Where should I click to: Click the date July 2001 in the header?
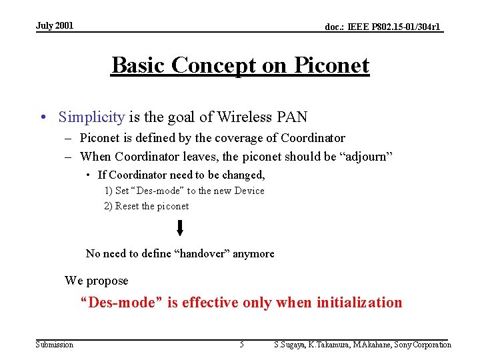click(x=55, y=26)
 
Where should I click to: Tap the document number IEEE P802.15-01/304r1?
click(x=383, y=27)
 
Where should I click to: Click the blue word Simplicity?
click(x=91, y=117)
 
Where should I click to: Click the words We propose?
click(x=96, y=281)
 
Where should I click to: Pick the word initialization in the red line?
click(x=359, y=303)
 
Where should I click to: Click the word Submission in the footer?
click(x=55, y=345)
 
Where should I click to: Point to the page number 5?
click(x=241, y=345)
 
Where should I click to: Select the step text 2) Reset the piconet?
click(x=146, y=206)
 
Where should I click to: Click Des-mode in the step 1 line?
click(x=157, y=191)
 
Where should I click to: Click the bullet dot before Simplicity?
click(x=43, y=118)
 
